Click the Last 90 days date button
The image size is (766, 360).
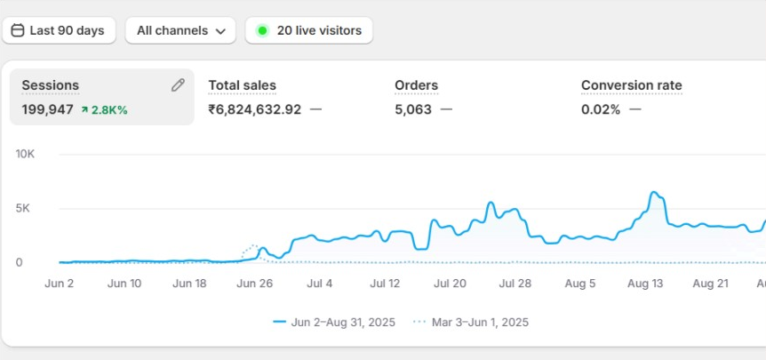tap(58, 30)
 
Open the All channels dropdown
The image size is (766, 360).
tap(180, 30)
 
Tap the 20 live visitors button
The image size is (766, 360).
tap(309, 30)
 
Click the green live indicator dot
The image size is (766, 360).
tap(262, 30)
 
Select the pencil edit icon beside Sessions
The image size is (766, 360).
tap(178, 85)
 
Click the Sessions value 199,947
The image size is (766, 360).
tap(47, 109)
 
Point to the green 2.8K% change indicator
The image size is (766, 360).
tap(104, 109)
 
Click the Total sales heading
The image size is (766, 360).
tap(242, 85)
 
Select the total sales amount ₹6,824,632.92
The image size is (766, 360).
tap(254, 109)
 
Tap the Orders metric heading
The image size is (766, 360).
tap(416, 85)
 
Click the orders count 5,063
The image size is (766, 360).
tap(412, 109)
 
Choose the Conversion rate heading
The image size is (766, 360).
tap(631, 85)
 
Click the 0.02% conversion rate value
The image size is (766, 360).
tap(601, 109)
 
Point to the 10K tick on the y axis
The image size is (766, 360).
tap(25, 154)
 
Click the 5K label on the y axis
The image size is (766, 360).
tap(25, 208)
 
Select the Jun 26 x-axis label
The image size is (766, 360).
tap(255, 284)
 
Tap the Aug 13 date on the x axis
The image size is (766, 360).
tap(645, 284)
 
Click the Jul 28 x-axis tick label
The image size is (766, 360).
tap(515, 284)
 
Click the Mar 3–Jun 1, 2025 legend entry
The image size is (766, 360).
tap(479, 322)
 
